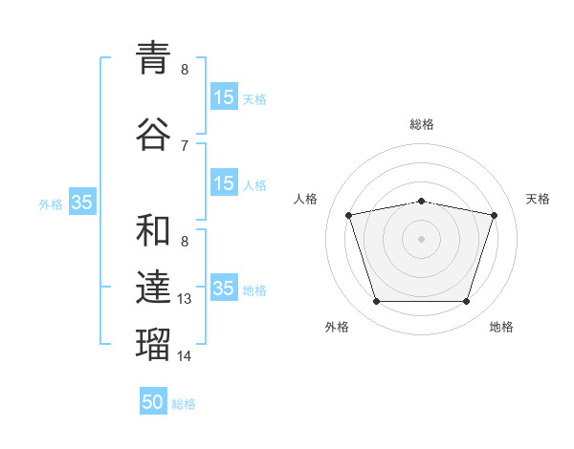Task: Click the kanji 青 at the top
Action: (153, 57)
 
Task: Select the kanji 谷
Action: (153, 134)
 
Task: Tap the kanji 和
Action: (153, 230)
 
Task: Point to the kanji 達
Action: (153, 287)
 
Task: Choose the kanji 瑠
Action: (153, 344)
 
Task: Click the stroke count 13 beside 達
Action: (184, 299)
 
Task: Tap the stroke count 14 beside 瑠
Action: (184, 355)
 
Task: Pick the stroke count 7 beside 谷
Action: (185, 146)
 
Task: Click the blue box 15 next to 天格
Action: (224, 96)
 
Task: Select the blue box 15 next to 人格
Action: (224, 182)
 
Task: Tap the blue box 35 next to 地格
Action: (224, 287)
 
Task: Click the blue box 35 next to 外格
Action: (82, 202)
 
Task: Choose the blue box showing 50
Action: (153, 400)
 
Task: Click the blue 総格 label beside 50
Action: (184, 404)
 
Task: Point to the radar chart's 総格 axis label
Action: (422, 124)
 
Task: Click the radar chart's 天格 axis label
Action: (538, 199)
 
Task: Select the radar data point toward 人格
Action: (349, 215)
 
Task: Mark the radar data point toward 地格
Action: (467, 301)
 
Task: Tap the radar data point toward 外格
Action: (377, 301)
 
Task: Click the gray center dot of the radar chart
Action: (421, 239)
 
